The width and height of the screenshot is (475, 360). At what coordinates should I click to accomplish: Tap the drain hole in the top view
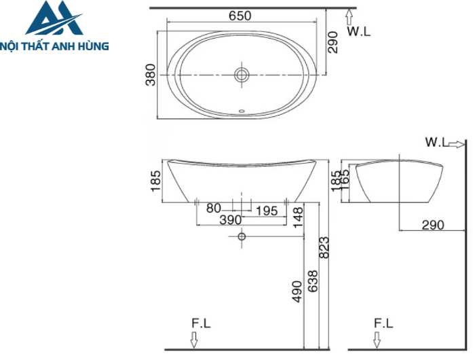(242, 75)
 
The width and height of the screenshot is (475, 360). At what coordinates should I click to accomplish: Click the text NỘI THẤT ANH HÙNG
(56, 46)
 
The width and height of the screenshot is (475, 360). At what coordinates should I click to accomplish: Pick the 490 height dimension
(297, 291)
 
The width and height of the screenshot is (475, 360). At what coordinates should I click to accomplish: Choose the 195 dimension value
(265, 211)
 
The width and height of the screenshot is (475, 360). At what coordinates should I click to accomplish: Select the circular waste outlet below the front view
(241, 237)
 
